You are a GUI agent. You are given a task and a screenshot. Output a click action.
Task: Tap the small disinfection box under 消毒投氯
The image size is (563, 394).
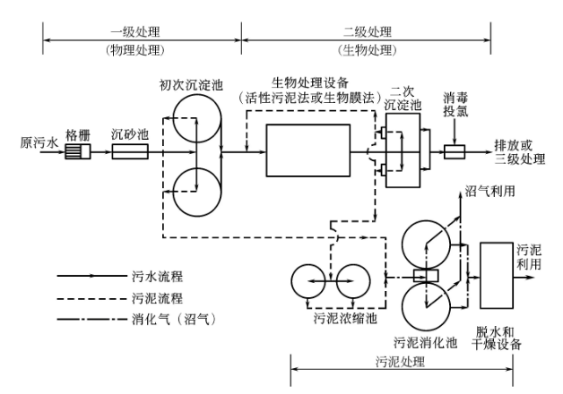[x=456, y=153]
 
